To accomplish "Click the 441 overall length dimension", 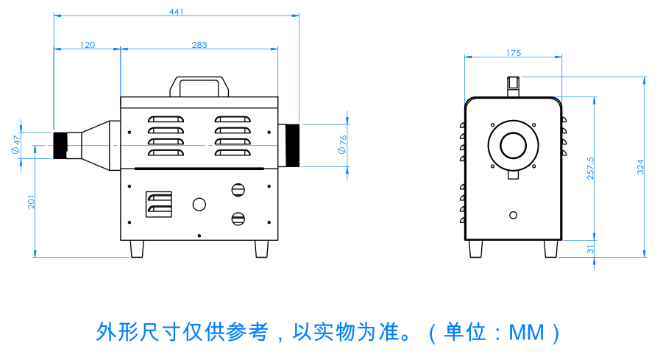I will pyautogui.click(x=176, y=11).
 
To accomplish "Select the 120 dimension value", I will pyautogui.click(x=87, y=45).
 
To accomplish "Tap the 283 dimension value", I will pyautogui.click(x=199, y=45).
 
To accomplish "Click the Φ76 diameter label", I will pyautogui.click(x=341, y=144).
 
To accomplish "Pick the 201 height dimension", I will pyautogui.click(x=32, y=200).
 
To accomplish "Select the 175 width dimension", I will pyautogui.click(x=514, y=53).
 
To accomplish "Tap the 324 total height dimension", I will pyautogui.click(x=641, y=166).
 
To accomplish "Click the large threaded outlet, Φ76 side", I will pyautogui.click(x=290, y=146).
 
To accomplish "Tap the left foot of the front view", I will pyautogui.click(x=137, y=249).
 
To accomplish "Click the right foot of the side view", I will pyautogui.click(x=550, y=249).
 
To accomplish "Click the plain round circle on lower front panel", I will pyautogui.click(x=199, y=204).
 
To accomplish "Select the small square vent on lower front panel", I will pyautogui.click(x=159, y=205).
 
